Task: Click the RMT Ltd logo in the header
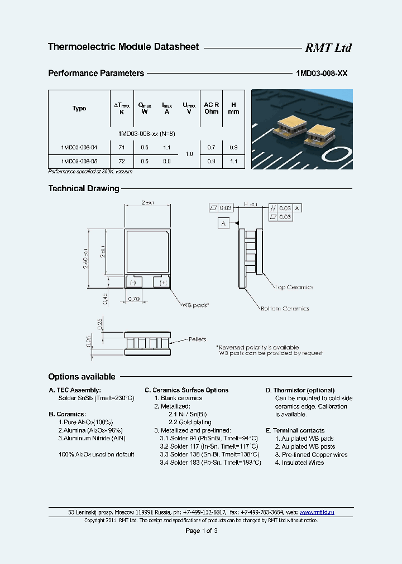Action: (x=328, y=48)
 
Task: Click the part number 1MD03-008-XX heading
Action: (x=321, y=73)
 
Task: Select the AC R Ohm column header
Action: (x=212, y=108)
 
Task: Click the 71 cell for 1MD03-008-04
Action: (x=122, y=147)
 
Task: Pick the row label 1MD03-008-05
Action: (x=79, y=161)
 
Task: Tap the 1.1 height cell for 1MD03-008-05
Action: (x=233, y=161)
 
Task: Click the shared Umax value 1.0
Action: (x=189, y=154)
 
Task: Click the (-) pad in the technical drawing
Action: (x=133, y=282)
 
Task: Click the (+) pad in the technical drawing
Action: (x=164, y=282)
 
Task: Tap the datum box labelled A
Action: (x=223, y=223)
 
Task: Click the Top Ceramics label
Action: (x=294, y=288)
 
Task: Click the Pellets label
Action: (x=197, y=339)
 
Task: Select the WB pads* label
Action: (x=195, y=305)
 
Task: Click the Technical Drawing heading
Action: (x=84, y=188)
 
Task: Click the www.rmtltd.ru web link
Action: (x=317, y=512)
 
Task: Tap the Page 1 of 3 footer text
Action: (x=201, y=531)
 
